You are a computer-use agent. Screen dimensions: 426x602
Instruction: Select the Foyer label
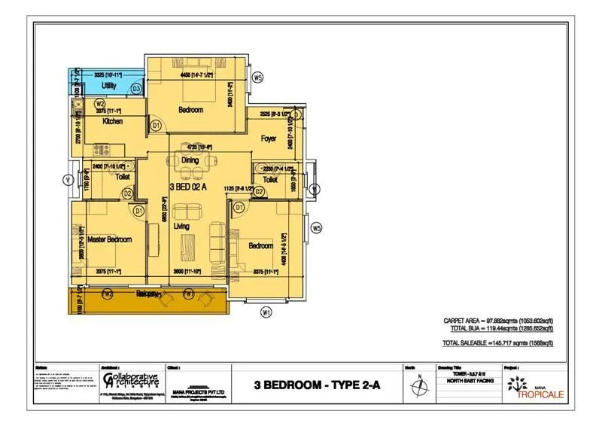point(269,138)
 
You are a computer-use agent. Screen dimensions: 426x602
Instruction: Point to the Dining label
point(190,160)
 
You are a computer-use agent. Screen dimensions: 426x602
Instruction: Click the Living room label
point(182,227)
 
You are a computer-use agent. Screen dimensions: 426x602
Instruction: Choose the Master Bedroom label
point(110,239)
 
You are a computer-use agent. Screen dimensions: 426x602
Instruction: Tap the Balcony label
point(149,294)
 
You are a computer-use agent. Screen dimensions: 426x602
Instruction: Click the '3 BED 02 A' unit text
point(187,187)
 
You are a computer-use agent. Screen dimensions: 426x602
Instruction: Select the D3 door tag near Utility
point(136,89)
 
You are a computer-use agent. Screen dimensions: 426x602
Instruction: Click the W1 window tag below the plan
point(266,312)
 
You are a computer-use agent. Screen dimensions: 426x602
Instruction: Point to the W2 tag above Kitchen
point(100,103)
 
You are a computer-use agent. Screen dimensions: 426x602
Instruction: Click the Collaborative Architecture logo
point(130,379)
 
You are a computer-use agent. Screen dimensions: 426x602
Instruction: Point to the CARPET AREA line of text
point(498,321)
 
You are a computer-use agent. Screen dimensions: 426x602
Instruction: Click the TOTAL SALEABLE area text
point(498,343)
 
